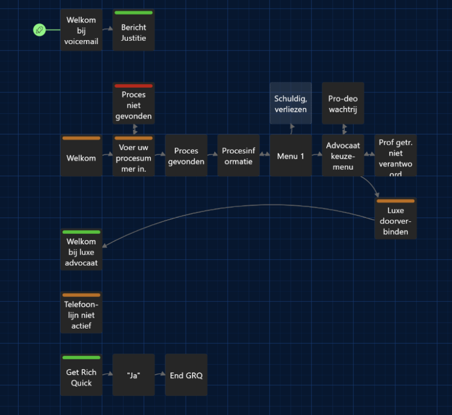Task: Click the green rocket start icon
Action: pos(39,30)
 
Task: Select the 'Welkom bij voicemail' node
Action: pos(81,30)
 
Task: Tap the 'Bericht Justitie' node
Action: pos(133,32)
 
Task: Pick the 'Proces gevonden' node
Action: pos(186,156)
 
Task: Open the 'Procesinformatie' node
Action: pos(239,156)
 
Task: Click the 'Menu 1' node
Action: pos(291,156)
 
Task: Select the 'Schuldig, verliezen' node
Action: pos(291,103)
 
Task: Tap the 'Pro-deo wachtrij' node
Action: pos(343,103)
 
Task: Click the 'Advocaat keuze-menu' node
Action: pos(343,156)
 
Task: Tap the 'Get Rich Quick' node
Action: pos(81,377)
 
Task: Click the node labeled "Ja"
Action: pos(133,375)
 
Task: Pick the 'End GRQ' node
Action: pos(186,375)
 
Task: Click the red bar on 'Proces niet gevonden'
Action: pos(133,85)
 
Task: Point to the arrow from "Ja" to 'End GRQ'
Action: pos(160,375)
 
